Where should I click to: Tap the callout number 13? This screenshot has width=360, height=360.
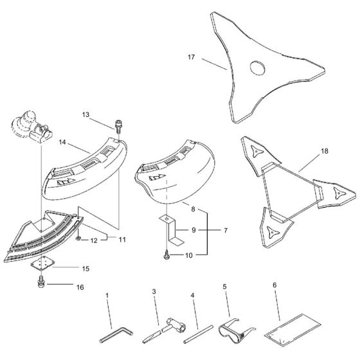85,114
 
